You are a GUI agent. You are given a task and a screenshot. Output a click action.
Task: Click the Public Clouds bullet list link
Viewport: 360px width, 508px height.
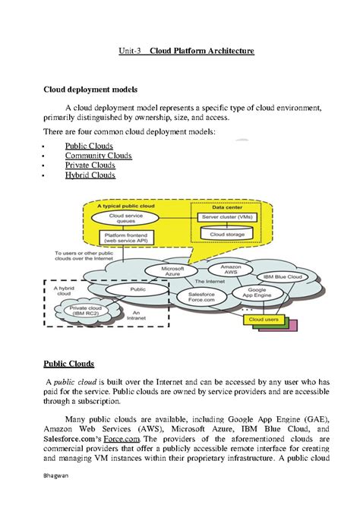coord(89,146)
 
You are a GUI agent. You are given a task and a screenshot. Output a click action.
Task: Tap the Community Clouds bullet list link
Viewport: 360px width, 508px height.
coord(98,156)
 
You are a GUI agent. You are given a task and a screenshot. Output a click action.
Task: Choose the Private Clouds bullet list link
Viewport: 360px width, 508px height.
coord(90,166)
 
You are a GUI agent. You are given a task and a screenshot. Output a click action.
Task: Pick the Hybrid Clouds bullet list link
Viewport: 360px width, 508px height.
coord(90,175)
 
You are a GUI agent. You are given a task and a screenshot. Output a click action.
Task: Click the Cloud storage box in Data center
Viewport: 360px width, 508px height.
coord(227,235)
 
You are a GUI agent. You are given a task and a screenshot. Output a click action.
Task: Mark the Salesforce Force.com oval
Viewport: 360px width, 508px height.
coord(197,298)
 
